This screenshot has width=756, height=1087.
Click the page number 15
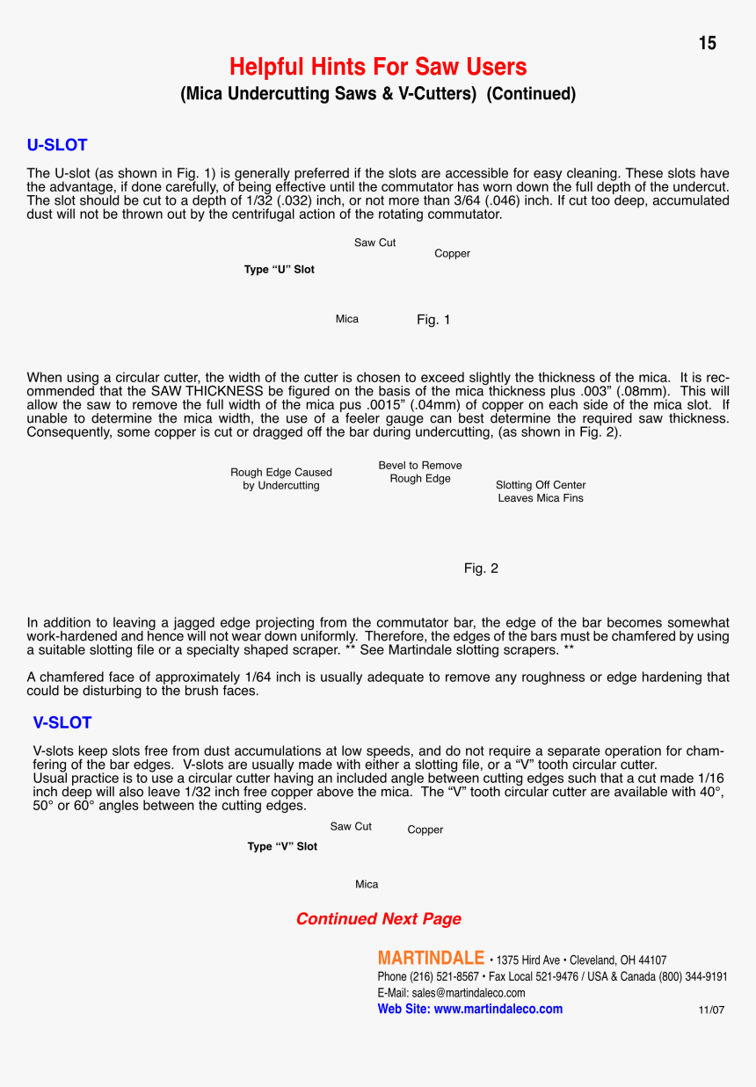(708, 43)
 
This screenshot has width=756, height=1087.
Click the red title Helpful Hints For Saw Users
(378, 67)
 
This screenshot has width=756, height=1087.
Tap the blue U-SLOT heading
(57, 145)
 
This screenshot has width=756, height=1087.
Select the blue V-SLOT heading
(62, 722)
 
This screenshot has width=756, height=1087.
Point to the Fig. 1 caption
(433, 320)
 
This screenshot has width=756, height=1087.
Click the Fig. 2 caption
(481, 569)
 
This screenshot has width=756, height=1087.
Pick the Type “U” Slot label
(279, 270)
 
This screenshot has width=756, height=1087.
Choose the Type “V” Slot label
(282, 846)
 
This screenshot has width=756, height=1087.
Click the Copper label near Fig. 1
(452, 254)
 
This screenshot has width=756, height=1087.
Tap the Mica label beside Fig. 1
(347, 319)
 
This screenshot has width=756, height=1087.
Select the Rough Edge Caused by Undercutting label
(281, 479)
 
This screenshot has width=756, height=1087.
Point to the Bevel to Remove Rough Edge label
(420, 472)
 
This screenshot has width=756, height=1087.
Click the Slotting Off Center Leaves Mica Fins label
(541, 491)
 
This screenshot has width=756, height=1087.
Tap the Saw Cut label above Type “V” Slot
(351, 826)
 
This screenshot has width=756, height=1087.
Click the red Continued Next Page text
(378, 918)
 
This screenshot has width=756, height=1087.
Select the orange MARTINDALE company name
(431, 958)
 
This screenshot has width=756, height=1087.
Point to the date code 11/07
(711, 1011)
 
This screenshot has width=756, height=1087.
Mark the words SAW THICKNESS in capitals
(206, 390)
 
